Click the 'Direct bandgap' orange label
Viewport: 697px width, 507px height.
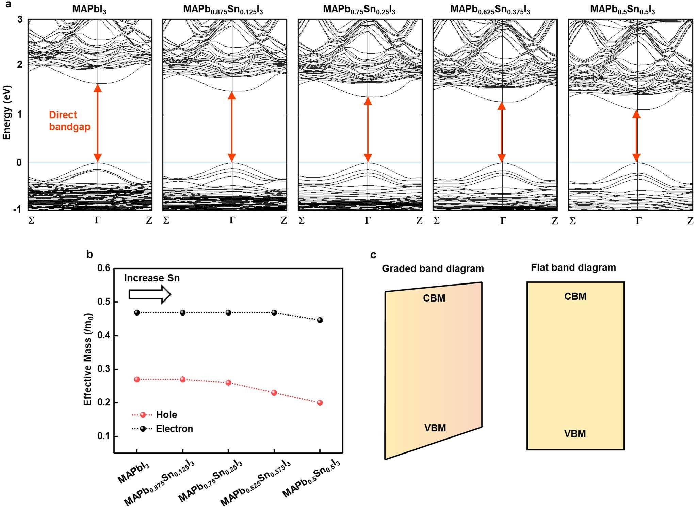point(70,121)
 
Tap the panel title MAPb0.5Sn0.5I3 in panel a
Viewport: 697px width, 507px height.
point(622,9)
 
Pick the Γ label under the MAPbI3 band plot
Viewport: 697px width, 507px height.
point(97,220)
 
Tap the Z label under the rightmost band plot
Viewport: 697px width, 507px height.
point(690,221)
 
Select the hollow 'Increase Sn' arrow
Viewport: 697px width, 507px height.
point(149,294)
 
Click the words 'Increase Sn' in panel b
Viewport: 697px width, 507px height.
point(152,278)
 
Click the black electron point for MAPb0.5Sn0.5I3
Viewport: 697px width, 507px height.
point(320,320)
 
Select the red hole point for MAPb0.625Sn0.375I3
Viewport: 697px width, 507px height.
point(274,393)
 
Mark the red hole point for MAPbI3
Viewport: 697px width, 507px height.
point(137,379)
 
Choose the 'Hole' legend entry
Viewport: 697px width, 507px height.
point(166,415)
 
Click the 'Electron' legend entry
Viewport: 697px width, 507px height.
point(174,429)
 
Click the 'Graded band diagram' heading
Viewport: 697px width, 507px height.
point(433,269)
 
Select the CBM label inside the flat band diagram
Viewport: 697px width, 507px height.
point(575,296)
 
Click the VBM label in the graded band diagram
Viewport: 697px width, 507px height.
point(435,428)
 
